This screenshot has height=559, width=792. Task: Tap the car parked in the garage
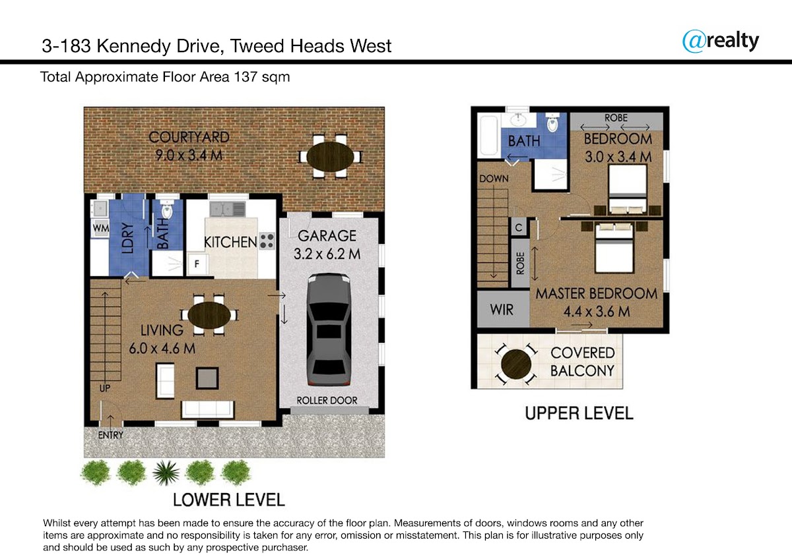(x=329, y=330)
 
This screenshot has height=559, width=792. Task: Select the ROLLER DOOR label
(x=327, y=400)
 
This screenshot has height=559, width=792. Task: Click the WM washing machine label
(x=101, y=228)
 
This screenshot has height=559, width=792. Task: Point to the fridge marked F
(x=197, y=264)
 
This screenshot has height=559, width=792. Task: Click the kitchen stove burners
(x=267, y=241)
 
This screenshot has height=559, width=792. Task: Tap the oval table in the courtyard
(x=330, y=157)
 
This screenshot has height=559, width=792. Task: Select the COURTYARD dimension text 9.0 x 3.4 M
(x=189, y=156)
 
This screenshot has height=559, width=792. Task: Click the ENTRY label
(x=111, y=435)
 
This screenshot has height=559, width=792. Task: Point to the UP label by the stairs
(x=105, y=388)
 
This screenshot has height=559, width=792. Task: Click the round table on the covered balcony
(x=516, y=364)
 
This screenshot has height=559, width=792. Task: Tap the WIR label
(x=502, y=310)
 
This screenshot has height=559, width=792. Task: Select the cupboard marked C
(x=519, y=227)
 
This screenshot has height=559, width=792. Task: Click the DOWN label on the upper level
(x=494, y=179)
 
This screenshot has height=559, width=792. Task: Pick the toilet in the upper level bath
(x=552, y=122)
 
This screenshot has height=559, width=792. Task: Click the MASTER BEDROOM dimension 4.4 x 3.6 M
(x=597, y=312)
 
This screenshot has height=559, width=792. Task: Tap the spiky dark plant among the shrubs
(x=166, y=473)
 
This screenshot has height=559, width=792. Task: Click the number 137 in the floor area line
(x=246, y=76)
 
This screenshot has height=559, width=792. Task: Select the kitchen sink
(x=227, y=210)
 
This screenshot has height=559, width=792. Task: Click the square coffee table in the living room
(x=207, y=378)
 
